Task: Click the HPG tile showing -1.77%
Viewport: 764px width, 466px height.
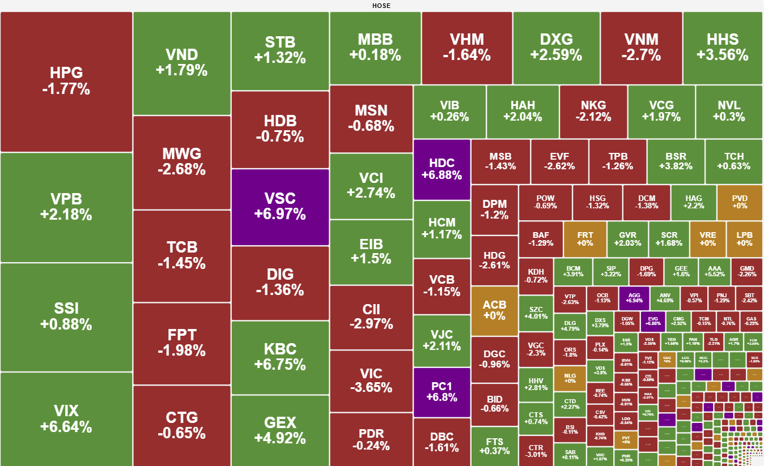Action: [66, 82]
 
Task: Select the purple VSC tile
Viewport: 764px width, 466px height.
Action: [280, 207]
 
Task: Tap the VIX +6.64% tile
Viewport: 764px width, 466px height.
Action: [66, 419]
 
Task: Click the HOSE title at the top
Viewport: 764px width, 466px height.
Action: [381, 6]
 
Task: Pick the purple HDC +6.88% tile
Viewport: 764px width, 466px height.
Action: [442, 169]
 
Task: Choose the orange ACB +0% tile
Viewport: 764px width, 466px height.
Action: [494, 310]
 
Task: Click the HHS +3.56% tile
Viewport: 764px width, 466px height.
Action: [723, 48]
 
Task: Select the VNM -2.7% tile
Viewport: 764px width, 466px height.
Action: [641, 48]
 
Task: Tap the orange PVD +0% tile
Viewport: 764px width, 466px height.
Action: [740, 202]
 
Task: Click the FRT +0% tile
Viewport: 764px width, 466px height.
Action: [585, 238]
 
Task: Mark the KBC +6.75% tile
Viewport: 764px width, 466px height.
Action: [280, 357]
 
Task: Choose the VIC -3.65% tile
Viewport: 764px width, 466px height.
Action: [371, 381]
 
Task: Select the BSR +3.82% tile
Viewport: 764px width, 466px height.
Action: [676, 161]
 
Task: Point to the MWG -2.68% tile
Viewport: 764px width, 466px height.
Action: [182, 162]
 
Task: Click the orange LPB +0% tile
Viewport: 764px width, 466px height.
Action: [744, 238]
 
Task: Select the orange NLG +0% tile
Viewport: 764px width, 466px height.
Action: [570, 378]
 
